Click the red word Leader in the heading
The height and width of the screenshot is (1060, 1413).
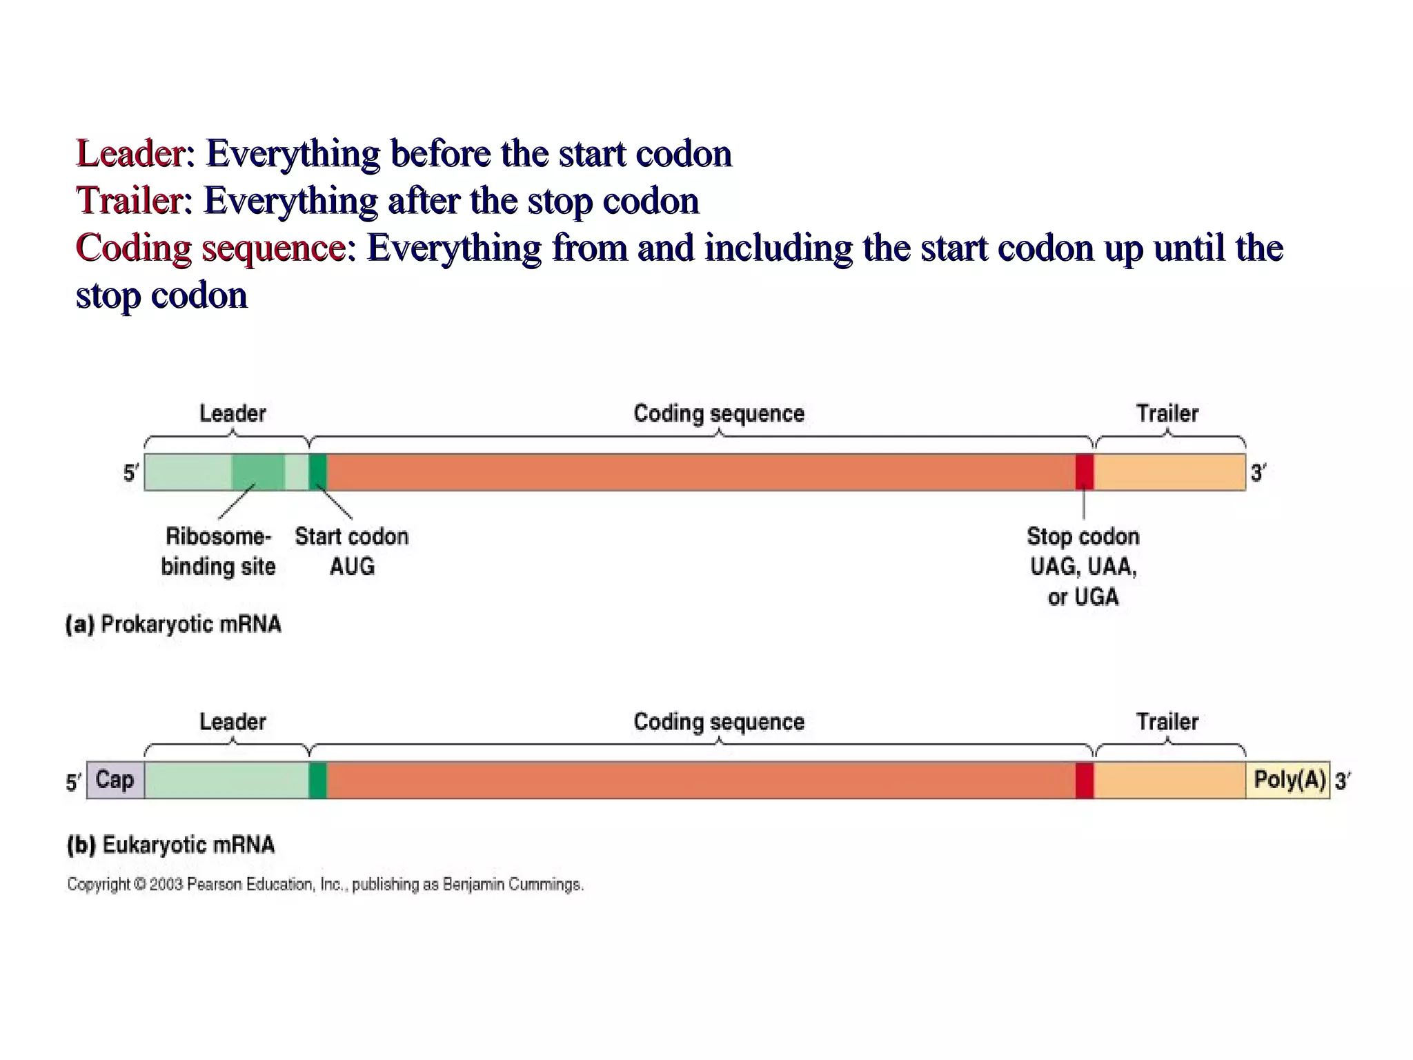[x=130, y=153]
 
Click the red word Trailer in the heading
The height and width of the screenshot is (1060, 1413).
[x=130, y=201]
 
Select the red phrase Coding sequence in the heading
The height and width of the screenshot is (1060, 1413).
[x=210, y=248]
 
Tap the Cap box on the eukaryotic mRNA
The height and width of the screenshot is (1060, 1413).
[x=115, y=781]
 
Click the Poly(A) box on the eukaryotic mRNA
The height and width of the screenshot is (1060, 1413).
[x=1288, y=781]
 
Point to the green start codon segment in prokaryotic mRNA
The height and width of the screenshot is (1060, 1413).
[x=317, y=472]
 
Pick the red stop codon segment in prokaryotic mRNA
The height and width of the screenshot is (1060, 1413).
[x=1084, y=472]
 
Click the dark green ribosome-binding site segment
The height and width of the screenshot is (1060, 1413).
[x=258, y=472]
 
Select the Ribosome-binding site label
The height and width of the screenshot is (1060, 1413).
[x=218, y=551]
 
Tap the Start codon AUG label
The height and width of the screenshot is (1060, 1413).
[x=352, y=551]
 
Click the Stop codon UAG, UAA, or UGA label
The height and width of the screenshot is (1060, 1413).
[x=1083, y=566]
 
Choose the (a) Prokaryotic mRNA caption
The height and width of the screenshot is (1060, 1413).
[x=174, y=625]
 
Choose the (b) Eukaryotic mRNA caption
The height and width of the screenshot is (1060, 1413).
[x=171, y=845]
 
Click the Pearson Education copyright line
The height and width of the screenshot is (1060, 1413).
[x=325, y=885]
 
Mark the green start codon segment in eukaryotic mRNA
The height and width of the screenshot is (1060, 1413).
[x=317, y=781]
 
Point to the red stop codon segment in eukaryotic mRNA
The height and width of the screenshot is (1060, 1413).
[x=1084, y=781]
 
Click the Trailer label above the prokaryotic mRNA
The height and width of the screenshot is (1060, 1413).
[x=1167, y=413]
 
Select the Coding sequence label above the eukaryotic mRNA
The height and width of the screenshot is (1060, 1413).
[x=719, y=722]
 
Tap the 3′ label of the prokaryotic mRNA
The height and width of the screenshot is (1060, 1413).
[x=1258, y=473]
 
